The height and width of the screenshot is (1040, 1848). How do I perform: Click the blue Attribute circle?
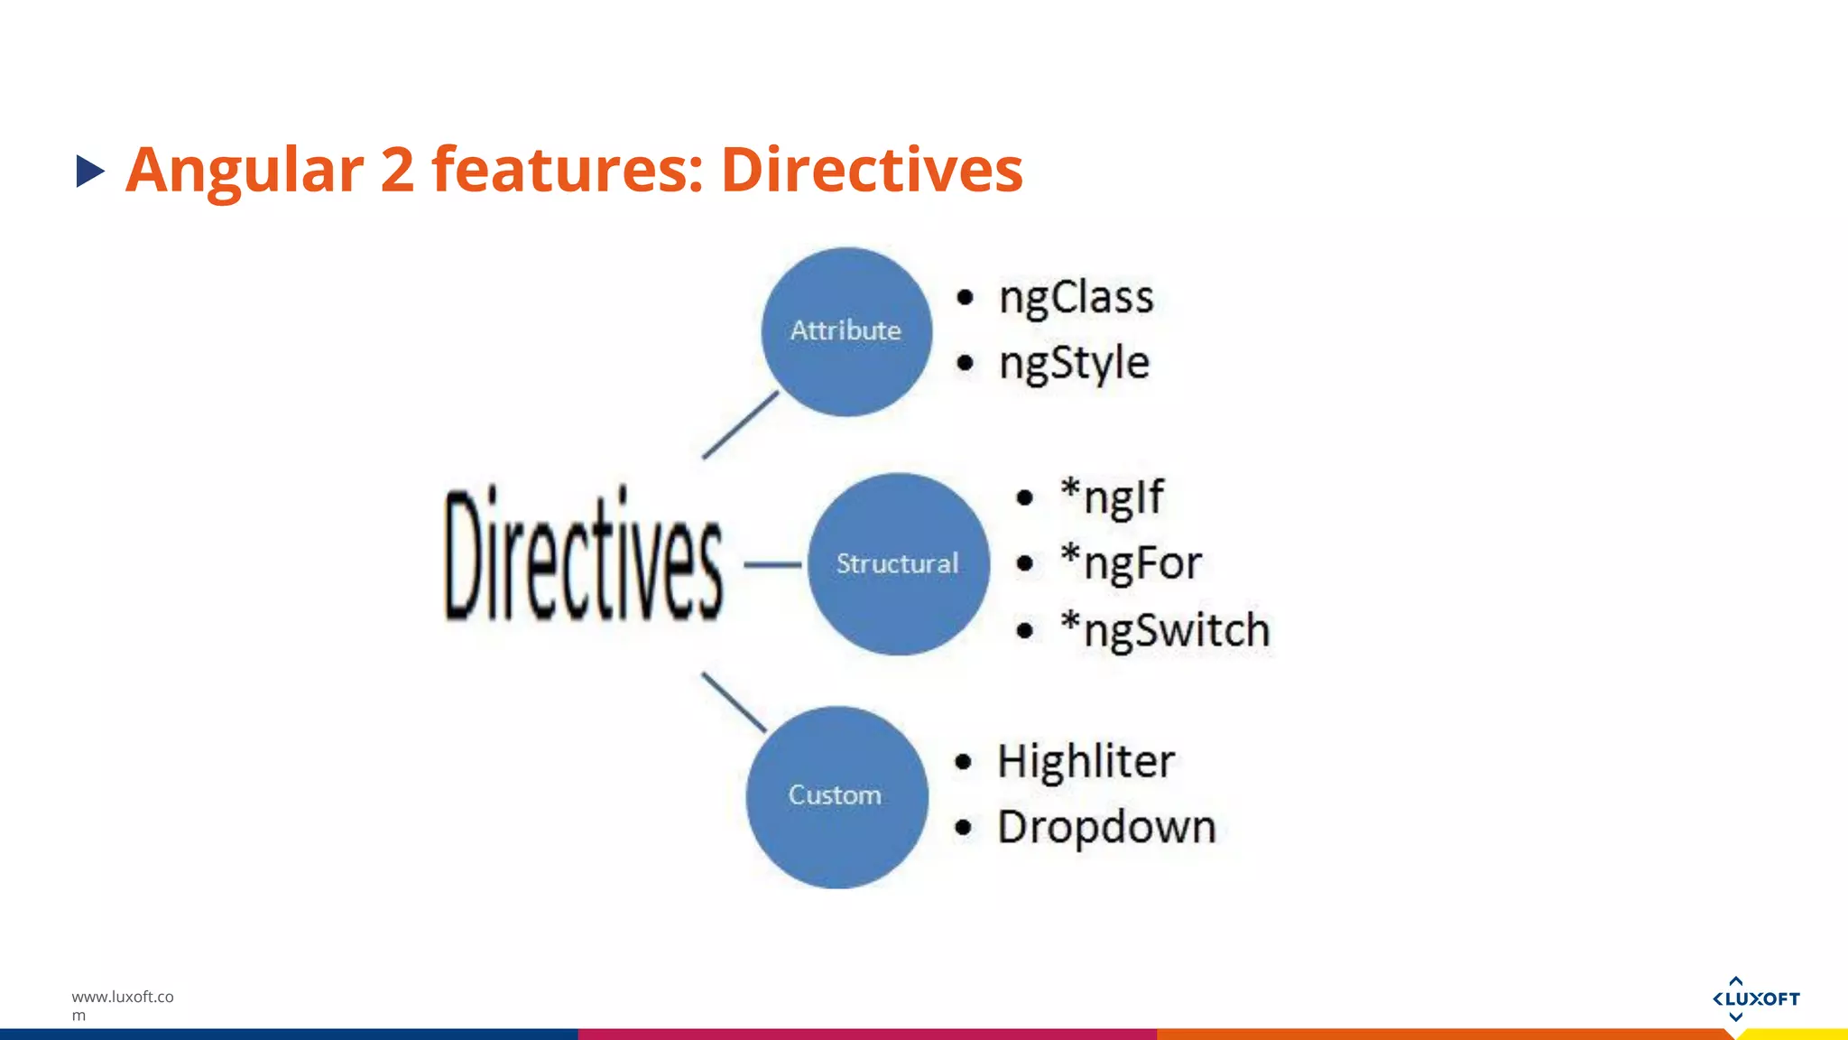click(x=846, y=331)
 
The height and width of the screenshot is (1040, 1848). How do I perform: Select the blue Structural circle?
click(x=898, y=564)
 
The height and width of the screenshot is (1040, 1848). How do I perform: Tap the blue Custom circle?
click(x=836, y=796)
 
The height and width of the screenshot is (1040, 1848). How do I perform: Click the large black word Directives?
click(x=583, y=556)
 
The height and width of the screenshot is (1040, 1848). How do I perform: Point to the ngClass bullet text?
click(x=1076, y=298)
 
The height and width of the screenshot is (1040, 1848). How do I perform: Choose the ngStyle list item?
click(x=1074, y=364)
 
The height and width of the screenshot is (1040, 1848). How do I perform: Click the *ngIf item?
click(x=1112, y=497)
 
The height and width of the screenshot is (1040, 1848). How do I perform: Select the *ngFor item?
click(x=1131, y=563)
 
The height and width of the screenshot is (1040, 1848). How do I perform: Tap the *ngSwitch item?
click(x=1165, y=630)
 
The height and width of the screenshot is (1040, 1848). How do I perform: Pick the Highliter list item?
click(x=1086, y=761)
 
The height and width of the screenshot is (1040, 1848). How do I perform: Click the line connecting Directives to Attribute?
click(x=740, y=425)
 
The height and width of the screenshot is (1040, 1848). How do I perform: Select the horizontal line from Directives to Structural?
click(x=772, y=565)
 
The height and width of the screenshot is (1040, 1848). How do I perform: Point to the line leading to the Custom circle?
click(x=734, y=701)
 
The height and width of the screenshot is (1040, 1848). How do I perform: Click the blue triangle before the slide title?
click(x=89, y=171)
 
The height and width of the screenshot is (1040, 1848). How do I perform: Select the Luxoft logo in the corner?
click(x=1755, y=998)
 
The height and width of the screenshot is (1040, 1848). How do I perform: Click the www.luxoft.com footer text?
click(x=122, y=1004)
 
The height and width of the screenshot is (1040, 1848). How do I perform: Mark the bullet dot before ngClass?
click(x=966, y=297)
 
